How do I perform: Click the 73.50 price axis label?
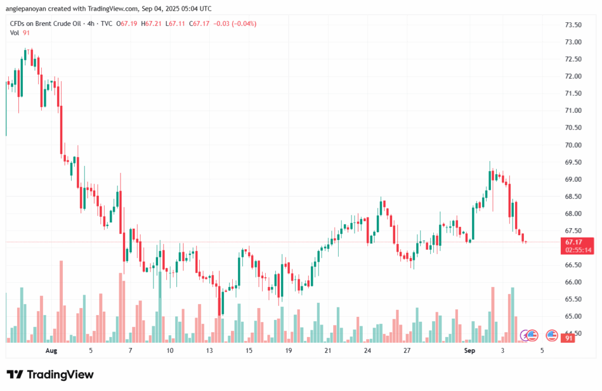point(573,25)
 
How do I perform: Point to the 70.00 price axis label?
point(573,145)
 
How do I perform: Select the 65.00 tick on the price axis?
point(573,316)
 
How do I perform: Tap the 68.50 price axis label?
point(573,196)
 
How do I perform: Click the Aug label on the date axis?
point(51,351)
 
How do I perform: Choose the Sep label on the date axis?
point(469,351)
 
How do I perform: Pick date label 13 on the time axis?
point(209,351)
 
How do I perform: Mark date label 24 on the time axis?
point(367,351)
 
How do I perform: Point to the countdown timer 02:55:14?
point(578,250)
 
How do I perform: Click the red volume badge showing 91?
point(569,338)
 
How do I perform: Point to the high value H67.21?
point(151,24)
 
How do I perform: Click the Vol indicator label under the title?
point(15,33)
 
